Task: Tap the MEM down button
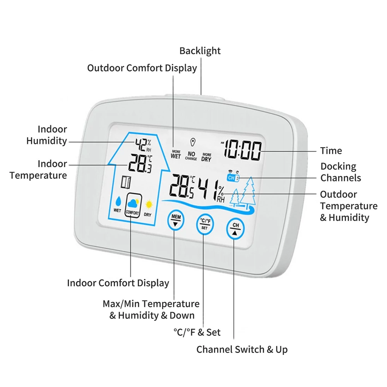176,220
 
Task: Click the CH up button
235,229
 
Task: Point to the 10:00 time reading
243,150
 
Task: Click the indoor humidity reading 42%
143,145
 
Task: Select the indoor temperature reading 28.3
140,163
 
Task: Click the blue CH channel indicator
233,178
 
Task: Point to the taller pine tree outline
248,191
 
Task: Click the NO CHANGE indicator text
191,156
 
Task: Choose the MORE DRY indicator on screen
206,157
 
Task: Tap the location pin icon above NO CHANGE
193,142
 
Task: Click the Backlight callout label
200,51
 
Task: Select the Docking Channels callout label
341,172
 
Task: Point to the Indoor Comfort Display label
118,283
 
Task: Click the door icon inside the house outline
126,182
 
